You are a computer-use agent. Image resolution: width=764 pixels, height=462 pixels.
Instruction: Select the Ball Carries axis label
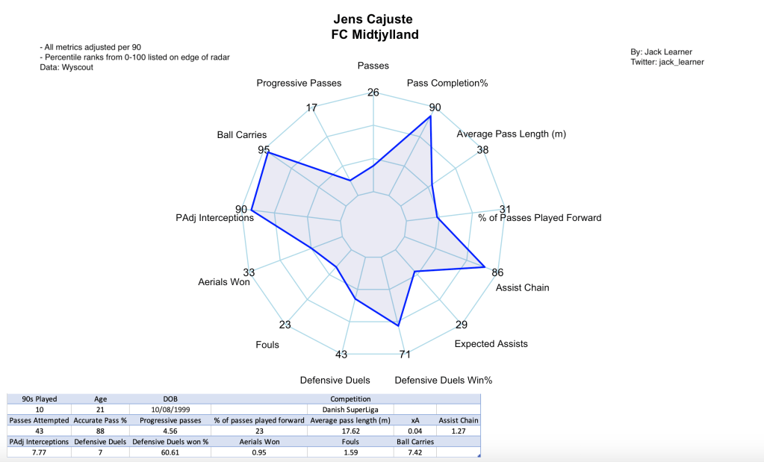[241, 135]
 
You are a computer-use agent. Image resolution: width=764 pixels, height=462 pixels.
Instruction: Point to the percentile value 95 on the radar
[264, 149]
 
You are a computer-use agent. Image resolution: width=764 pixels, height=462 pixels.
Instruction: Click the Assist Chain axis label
[522, 287]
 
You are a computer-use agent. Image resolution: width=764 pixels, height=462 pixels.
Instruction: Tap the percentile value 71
[404, 354]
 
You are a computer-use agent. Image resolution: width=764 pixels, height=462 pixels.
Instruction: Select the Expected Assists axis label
[491, 344]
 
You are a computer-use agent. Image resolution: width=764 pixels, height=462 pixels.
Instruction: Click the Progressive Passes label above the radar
[299, 83]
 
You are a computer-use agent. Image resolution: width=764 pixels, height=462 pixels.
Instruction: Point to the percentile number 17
[312, 108]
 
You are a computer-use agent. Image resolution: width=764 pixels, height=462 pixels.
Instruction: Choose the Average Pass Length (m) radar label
[511, 134]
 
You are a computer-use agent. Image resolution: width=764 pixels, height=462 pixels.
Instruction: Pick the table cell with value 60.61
[170, 452]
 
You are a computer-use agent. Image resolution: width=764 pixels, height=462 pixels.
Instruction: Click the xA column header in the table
[416, 420]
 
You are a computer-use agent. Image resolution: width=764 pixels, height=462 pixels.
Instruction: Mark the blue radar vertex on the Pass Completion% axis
[431, 116]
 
